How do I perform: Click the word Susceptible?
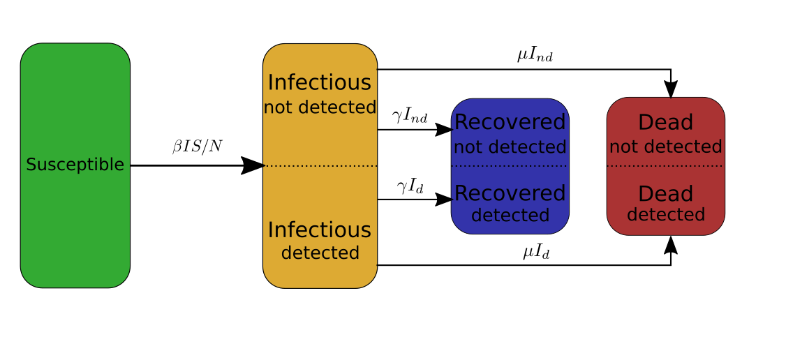[75, 165]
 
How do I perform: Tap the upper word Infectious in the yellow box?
[320, 82]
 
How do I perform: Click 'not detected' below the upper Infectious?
[320, 108]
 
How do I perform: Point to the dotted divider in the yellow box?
[320, 166]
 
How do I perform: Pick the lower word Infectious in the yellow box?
[320, 230]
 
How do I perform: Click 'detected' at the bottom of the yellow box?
[320, 253]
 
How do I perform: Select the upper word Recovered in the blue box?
[510, 122]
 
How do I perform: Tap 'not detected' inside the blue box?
[510, 148]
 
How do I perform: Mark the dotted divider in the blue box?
[510, 166]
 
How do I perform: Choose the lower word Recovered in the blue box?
[510, 193]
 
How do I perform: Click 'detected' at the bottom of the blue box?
[510, 216]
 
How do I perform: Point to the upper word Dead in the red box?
[665, 123]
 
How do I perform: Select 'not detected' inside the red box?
[665, 147]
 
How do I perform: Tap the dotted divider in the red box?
[665, 166]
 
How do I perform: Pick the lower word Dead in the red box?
[665, 194]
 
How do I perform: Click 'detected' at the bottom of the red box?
[665, 215]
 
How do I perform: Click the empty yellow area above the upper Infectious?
[320, 57]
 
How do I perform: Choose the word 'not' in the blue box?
[468, 148]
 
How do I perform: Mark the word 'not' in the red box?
[623, 147]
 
